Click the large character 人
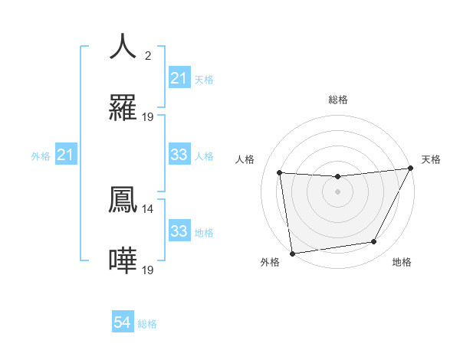tap(123, 46)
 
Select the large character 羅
tap(123, 109)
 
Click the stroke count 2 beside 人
tap(148, 55)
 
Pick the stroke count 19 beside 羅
tap(148, 117)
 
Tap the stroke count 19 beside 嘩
tap(148, 270)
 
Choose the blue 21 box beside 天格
tap(179, 78)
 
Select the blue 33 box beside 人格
tap(179, 155)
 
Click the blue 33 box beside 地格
tap(179, 231)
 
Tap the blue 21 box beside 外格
tap(66, 155)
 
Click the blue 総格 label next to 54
tap(147, 324)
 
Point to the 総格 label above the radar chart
tap(338, 100)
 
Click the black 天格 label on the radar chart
tap(431, 159)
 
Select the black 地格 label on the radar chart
tap(402, 262)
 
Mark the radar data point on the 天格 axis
tap(410, 169)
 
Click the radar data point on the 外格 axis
tap(292, 253)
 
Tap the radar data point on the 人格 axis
tap(280, 173)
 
